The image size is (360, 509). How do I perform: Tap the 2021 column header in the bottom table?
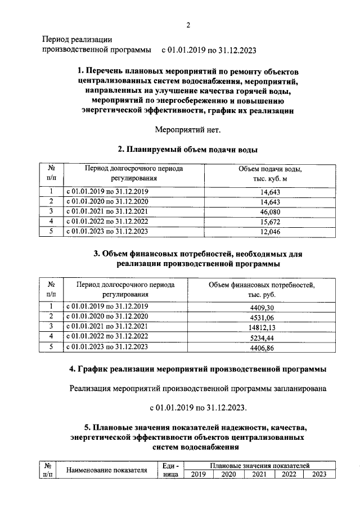point(259,475)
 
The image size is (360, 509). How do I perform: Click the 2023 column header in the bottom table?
point(319,475)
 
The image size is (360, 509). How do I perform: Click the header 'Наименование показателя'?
point(106,470)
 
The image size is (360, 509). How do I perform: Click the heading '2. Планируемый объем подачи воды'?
point(188,150)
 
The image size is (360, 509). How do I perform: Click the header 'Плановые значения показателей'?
point(260,466)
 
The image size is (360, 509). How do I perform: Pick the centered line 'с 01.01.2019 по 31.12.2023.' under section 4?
point(198,407)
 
